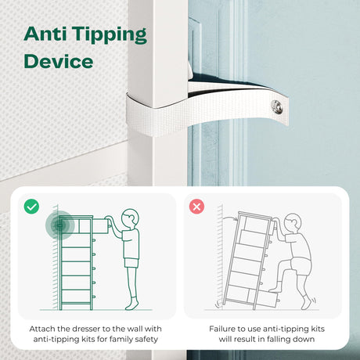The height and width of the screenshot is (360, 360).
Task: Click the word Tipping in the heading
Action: tap(109, 35)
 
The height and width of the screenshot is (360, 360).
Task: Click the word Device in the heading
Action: tap(59, 61)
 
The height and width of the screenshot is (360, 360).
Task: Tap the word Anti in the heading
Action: tap(45, 34)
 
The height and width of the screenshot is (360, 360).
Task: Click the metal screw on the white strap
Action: tap(277, 107)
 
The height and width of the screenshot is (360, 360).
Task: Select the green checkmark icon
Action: tap(31, 207)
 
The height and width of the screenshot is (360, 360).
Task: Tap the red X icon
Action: tap(196, 207)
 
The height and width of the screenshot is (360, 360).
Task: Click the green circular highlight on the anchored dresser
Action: tap(60, 225)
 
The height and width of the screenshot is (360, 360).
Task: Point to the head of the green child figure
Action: tap(130, 218)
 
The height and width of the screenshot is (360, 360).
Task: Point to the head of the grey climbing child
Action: tap(293, 222)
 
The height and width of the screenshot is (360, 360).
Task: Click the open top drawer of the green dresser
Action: tap(100, 226)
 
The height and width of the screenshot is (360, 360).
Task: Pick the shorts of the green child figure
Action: tap(131, 263)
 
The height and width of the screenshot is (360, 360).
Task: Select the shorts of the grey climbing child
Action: tap(301, 267)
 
